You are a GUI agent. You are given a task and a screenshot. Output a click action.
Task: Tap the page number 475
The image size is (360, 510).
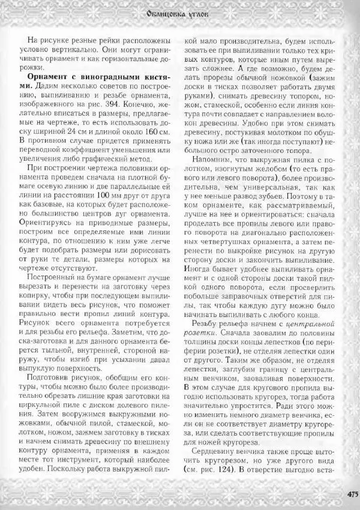(x=352, y=495)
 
